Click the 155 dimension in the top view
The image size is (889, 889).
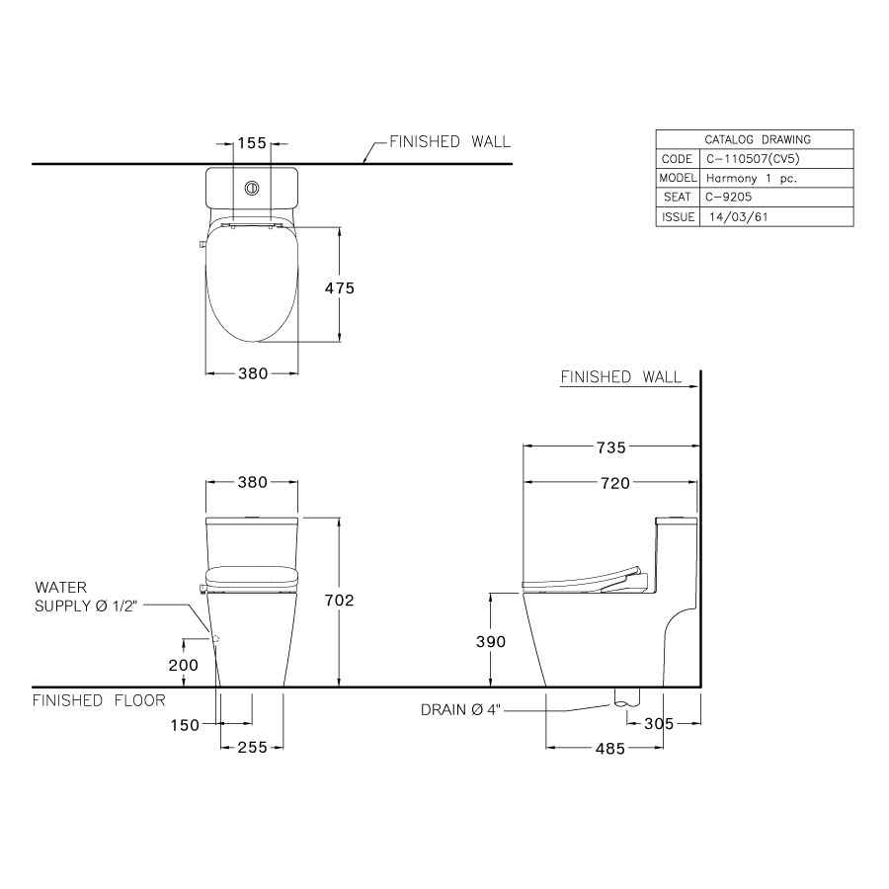252,143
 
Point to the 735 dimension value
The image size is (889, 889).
610,447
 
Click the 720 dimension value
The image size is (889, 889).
610,483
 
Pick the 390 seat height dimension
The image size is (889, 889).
490,642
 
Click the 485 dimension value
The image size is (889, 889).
609,749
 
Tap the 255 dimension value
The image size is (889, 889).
252,748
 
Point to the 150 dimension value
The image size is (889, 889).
184,724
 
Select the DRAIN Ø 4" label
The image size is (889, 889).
460,709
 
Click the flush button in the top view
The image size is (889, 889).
252,186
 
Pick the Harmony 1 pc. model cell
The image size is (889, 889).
751,179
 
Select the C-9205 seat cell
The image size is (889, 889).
732,198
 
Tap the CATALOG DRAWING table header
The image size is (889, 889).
755,139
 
